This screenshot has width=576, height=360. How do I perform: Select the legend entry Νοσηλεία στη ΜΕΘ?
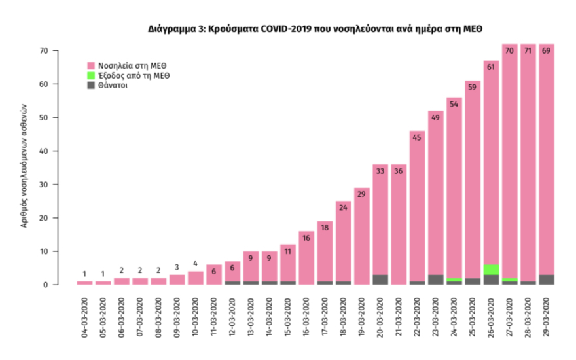130,65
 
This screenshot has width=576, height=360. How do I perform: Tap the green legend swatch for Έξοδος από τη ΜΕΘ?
92,75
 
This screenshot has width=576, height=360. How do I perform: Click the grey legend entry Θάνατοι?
115,85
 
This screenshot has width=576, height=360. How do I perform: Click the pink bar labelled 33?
381,223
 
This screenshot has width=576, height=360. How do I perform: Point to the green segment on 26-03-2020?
492,270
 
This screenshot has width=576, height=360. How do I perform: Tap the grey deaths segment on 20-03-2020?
381,279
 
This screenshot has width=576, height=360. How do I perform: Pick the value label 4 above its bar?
196,264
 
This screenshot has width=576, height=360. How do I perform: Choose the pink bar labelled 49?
436,196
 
